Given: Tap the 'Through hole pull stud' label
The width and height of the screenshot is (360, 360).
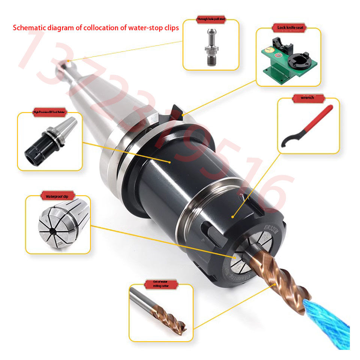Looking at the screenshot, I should tap(211, 19).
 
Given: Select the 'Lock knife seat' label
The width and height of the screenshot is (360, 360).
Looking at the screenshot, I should tap(288, 28).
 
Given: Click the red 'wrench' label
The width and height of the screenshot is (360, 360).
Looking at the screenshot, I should tap(307, 97).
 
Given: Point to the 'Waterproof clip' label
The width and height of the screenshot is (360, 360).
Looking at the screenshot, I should tap(57, 196).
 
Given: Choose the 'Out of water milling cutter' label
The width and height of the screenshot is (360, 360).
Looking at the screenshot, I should tap(161, 284).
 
